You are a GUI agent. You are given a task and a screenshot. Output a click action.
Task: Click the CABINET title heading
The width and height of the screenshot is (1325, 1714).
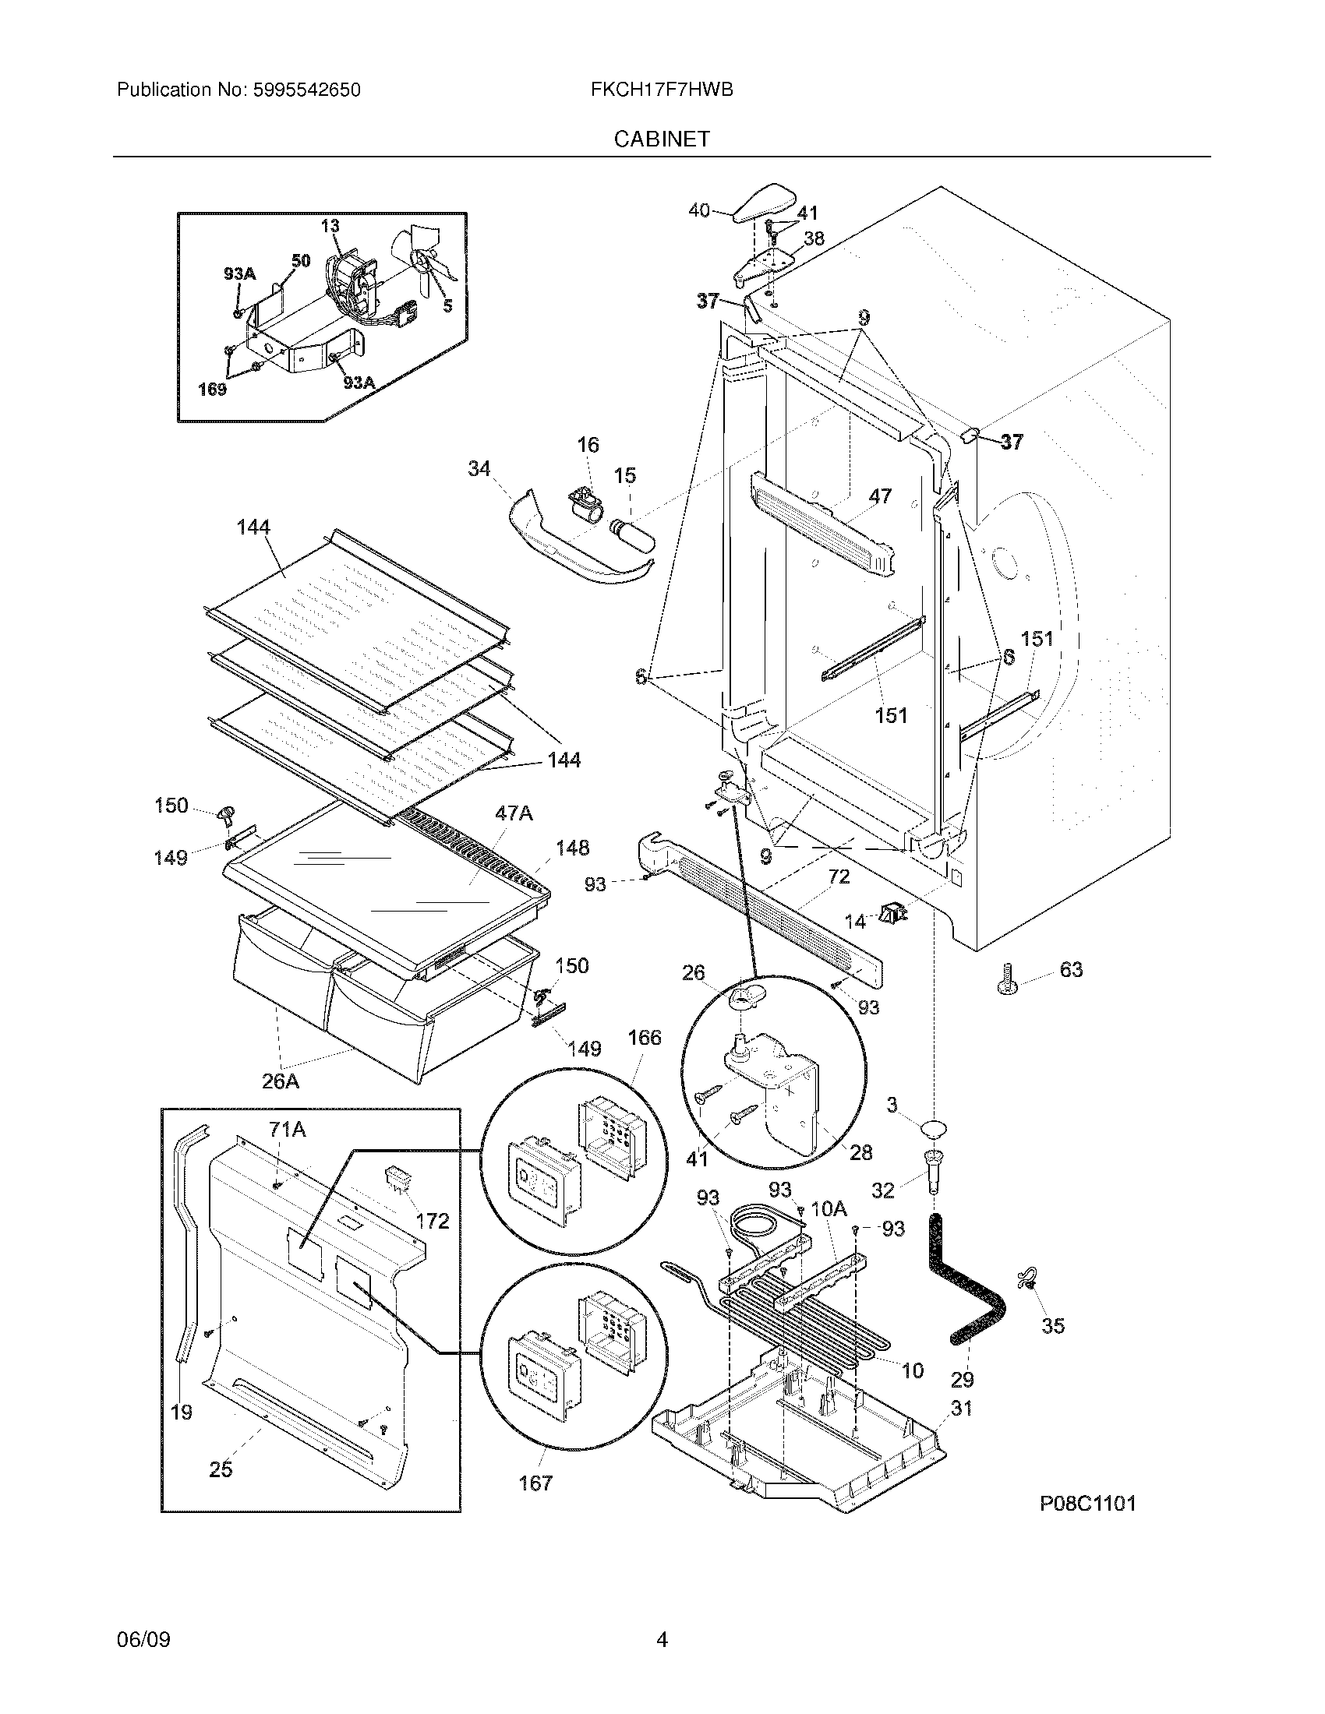click(662, 139)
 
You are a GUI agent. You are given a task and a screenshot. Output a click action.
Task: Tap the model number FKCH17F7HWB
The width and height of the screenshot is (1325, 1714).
click(662, 90)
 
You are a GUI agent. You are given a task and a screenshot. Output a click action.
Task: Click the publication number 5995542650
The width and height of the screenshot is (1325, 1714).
click(306, 90)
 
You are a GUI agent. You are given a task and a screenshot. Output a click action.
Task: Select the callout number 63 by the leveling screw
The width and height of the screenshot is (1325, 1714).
click(1071, 970)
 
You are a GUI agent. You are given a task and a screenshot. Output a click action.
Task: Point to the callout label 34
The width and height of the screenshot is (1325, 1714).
click(479, 468)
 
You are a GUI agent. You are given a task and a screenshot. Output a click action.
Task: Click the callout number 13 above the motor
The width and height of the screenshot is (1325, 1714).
click(330, 226)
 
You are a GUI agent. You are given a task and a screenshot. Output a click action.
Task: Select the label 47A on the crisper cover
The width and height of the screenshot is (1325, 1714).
click(514, 813)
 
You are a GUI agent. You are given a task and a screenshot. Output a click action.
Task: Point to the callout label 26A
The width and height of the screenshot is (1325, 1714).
click(281, 1081)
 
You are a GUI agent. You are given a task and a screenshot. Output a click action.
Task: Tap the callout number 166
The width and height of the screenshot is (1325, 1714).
click(644, 1038)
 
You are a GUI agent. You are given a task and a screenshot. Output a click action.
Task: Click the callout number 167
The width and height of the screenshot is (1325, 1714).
click(535, 1483)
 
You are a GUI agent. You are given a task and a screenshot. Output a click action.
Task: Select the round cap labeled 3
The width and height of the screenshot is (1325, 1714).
click(933, 1130)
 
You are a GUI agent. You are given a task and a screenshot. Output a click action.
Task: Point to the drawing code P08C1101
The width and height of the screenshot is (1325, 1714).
click(1088, 1504)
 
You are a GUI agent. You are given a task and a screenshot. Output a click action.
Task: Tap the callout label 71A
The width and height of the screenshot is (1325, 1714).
click(288, 1130)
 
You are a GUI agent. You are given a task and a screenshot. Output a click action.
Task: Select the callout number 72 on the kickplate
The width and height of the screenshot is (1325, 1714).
click(839, 876)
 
